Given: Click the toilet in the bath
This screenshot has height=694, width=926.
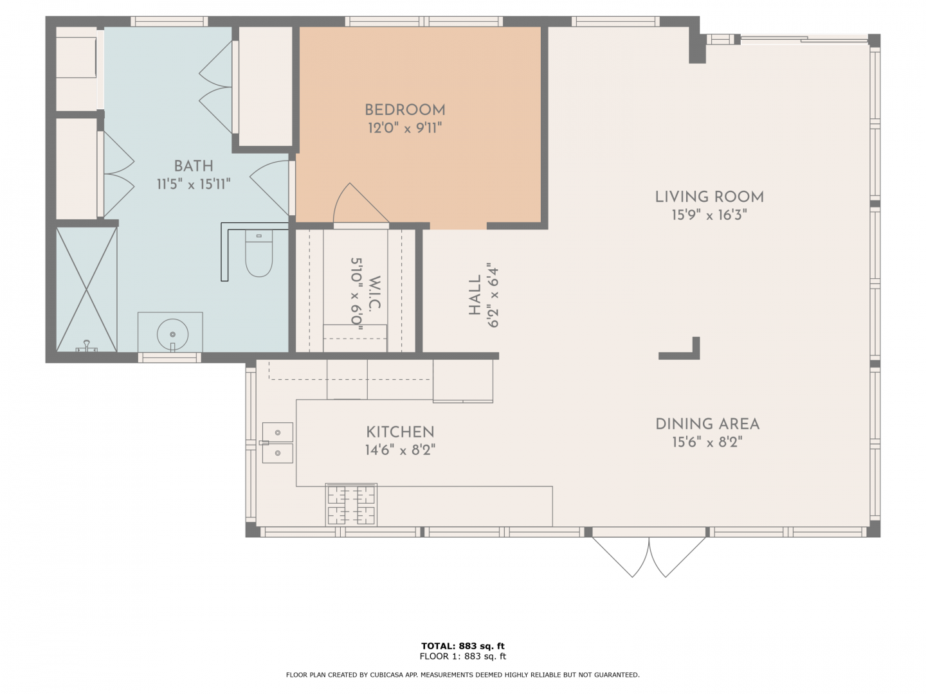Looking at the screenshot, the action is click(259, 253).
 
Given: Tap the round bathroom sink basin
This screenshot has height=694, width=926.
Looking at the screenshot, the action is click(172, 334).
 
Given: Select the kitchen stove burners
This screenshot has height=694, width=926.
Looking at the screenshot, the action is click(351, 504).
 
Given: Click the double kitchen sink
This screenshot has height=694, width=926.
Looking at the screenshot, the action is click(278, 443).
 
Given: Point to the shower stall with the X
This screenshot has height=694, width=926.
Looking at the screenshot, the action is click(86, 289).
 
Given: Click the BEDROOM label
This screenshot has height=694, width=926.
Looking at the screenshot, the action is click(405, 110).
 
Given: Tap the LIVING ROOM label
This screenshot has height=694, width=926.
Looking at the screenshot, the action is click(709, 197).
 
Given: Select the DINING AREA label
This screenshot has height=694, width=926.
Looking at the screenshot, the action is click(707, 424).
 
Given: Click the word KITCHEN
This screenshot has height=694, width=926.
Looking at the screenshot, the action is click(400, 432).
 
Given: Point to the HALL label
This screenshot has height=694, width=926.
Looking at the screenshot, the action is click(475, 295).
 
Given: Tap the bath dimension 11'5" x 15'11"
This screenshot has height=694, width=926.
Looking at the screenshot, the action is click(194, 184).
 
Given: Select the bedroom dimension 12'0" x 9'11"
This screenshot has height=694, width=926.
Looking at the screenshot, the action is click(405, 128).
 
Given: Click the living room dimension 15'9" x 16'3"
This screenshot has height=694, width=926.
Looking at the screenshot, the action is click(709, 215).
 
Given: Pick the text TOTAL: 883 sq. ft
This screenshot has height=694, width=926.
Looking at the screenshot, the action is click(463, 646).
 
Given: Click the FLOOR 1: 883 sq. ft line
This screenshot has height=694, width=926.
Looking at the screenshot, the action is click(463, 656).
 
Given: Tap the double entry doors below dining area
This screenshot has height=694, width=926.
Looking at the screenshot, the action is click(649, 557).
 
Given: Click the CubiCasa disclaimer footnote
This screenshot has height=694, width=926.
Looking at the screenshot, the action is click(463, 675).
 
